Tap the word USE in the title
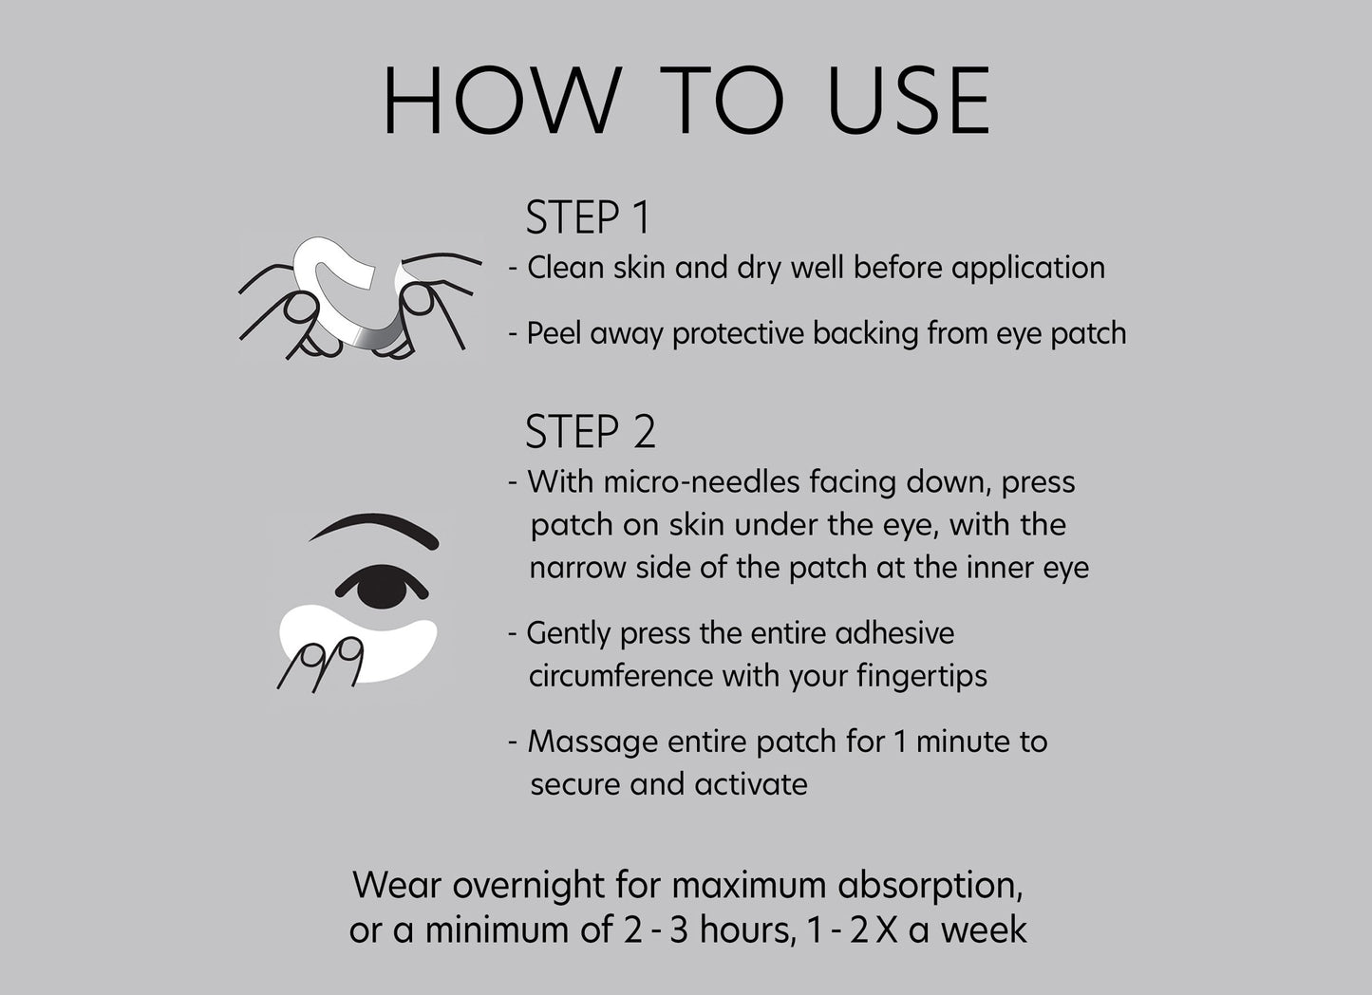[x=909, y=100]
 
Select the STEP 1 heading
[x=587, y=217]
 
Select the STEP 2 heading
[x=591, y=432]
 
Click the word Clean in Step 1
[x=565, y=268]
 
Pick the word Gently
[x=569, y=633]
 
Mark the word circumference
[x=620, y=676]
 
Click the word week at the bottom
[x=984, y=929]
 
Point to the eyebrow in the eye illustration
[x=375, y=526]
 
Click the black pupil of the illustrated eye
[x=382, y=587]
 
